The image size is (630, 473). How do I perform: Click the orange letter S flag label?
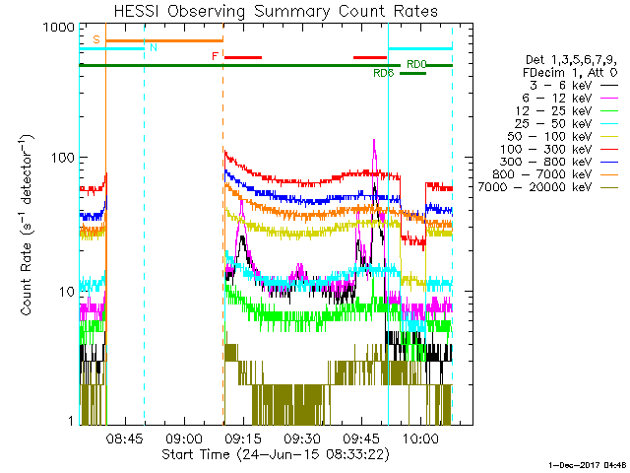click(x=95, y=39)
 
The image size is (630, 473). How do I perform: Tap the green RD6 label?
click(x=384, y=73)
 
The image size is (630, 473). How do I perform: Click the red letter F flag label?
click(x=215, y=56)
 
